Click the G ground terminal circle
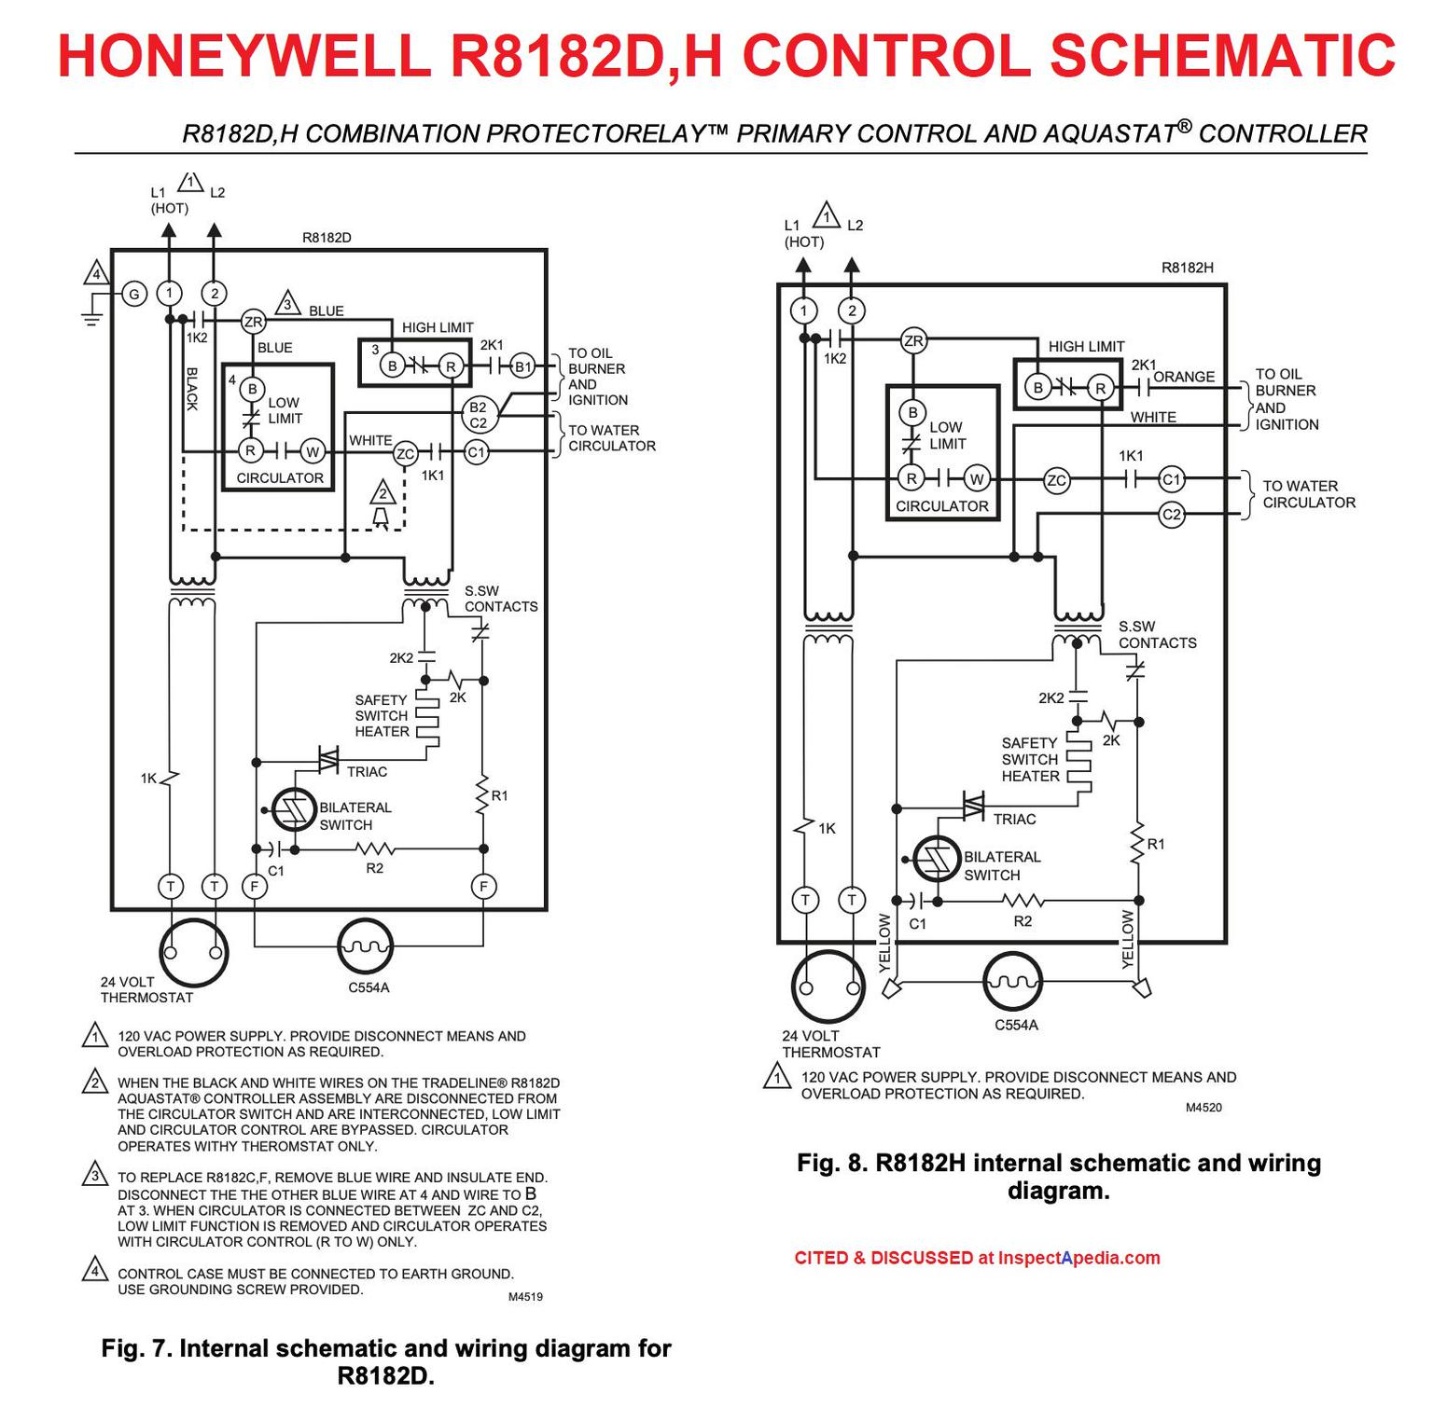coord(134,295)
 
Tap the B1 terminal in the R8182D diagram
coord(523,366)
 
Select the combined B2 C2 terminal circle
coord(478,415)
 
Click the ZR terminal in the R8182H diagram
coord(913,341)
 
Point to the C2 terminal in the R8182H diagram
coord(1172,514)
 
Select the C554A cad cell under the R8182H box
coord(1013,982)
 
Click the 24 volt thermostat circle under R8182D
coord(193,953)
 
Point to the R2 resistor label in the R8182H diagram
coord(1023,921)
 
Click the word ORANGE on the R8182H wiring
coord(1184,377)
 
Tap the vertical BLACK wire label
coord(192,389)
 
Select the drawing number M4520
coord(1203,1108)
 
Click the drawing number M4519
coord(525,1296)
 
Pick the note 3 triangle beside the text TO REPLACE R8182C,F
coord(94,1174)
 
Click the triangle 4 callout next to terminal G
coord(95,274)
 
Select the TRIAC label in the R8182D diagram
coord(367,772)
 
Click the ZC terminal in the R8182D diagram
coord(405,454)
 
